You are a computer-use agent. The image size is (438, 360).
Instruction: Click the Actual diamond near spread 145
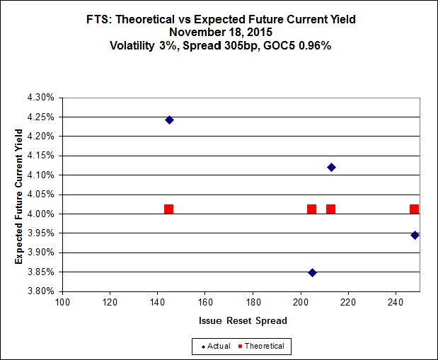click(169, 120)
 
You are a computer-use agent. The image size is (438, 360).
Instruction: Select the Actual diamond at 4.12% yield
click(331, 167)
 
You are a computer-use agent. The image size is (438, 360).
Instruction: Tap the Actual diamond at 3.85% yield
click(312, 272)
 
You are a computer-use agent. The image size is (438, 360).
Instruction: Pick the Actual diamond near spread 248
click(415, 235)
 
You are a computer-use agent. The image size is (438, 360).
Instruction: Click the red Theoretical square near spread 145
click(168, 209)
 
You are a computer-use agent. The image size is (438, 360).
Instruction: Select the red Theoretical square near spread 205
click(311, 209)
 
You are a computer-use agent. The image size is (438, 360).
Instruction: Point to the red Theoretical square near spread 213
click(330, 209)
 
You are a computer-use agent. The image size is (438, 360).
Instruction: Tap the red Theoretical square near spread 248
click(414, 209)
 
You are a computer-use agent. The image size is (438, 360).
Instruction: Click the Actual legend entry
click(217, 346)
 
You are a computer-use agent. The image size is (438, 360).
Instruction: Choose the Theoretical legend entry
click(263, 346)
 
